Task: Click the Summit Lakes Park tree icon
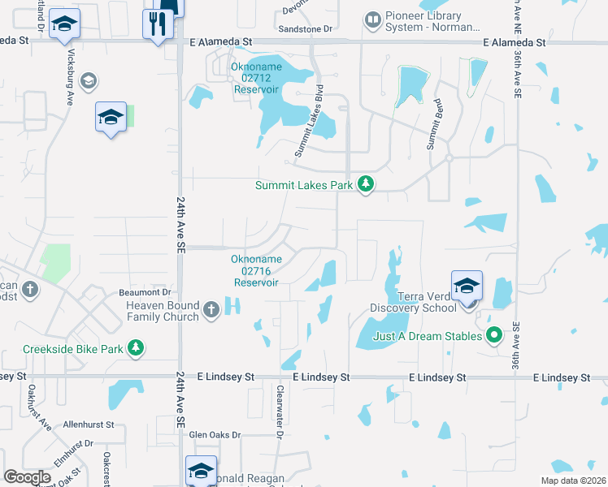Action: tap(366, 185)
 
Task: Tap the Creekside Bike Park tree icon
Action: tap(137, 348)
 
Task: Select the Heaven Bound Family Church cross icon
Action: tap(211, 309)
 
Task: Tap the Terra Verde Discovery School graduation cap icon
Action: tap(467, 287)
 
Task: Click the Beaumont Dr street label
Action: tap(148, 291)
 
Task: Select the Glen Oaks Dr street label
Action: tap(215, 435)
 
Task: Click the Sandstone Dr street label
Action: tap(306, 29)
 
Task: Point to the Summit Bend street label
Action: tap(435, 126)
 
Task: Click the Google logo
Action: tap(28, 476)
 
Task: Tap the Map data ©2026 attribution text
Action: tap(571, 481)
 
